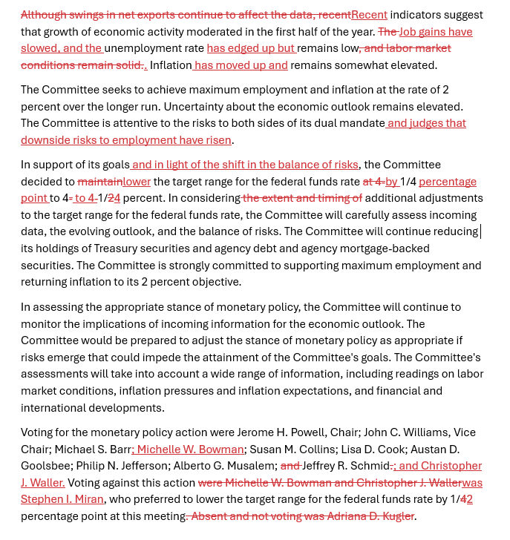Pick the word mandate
coord(353,123)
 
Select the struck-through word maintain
coord(99,182)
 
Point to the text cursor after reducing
coord(481,231)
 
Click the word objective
coord(214,282)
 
